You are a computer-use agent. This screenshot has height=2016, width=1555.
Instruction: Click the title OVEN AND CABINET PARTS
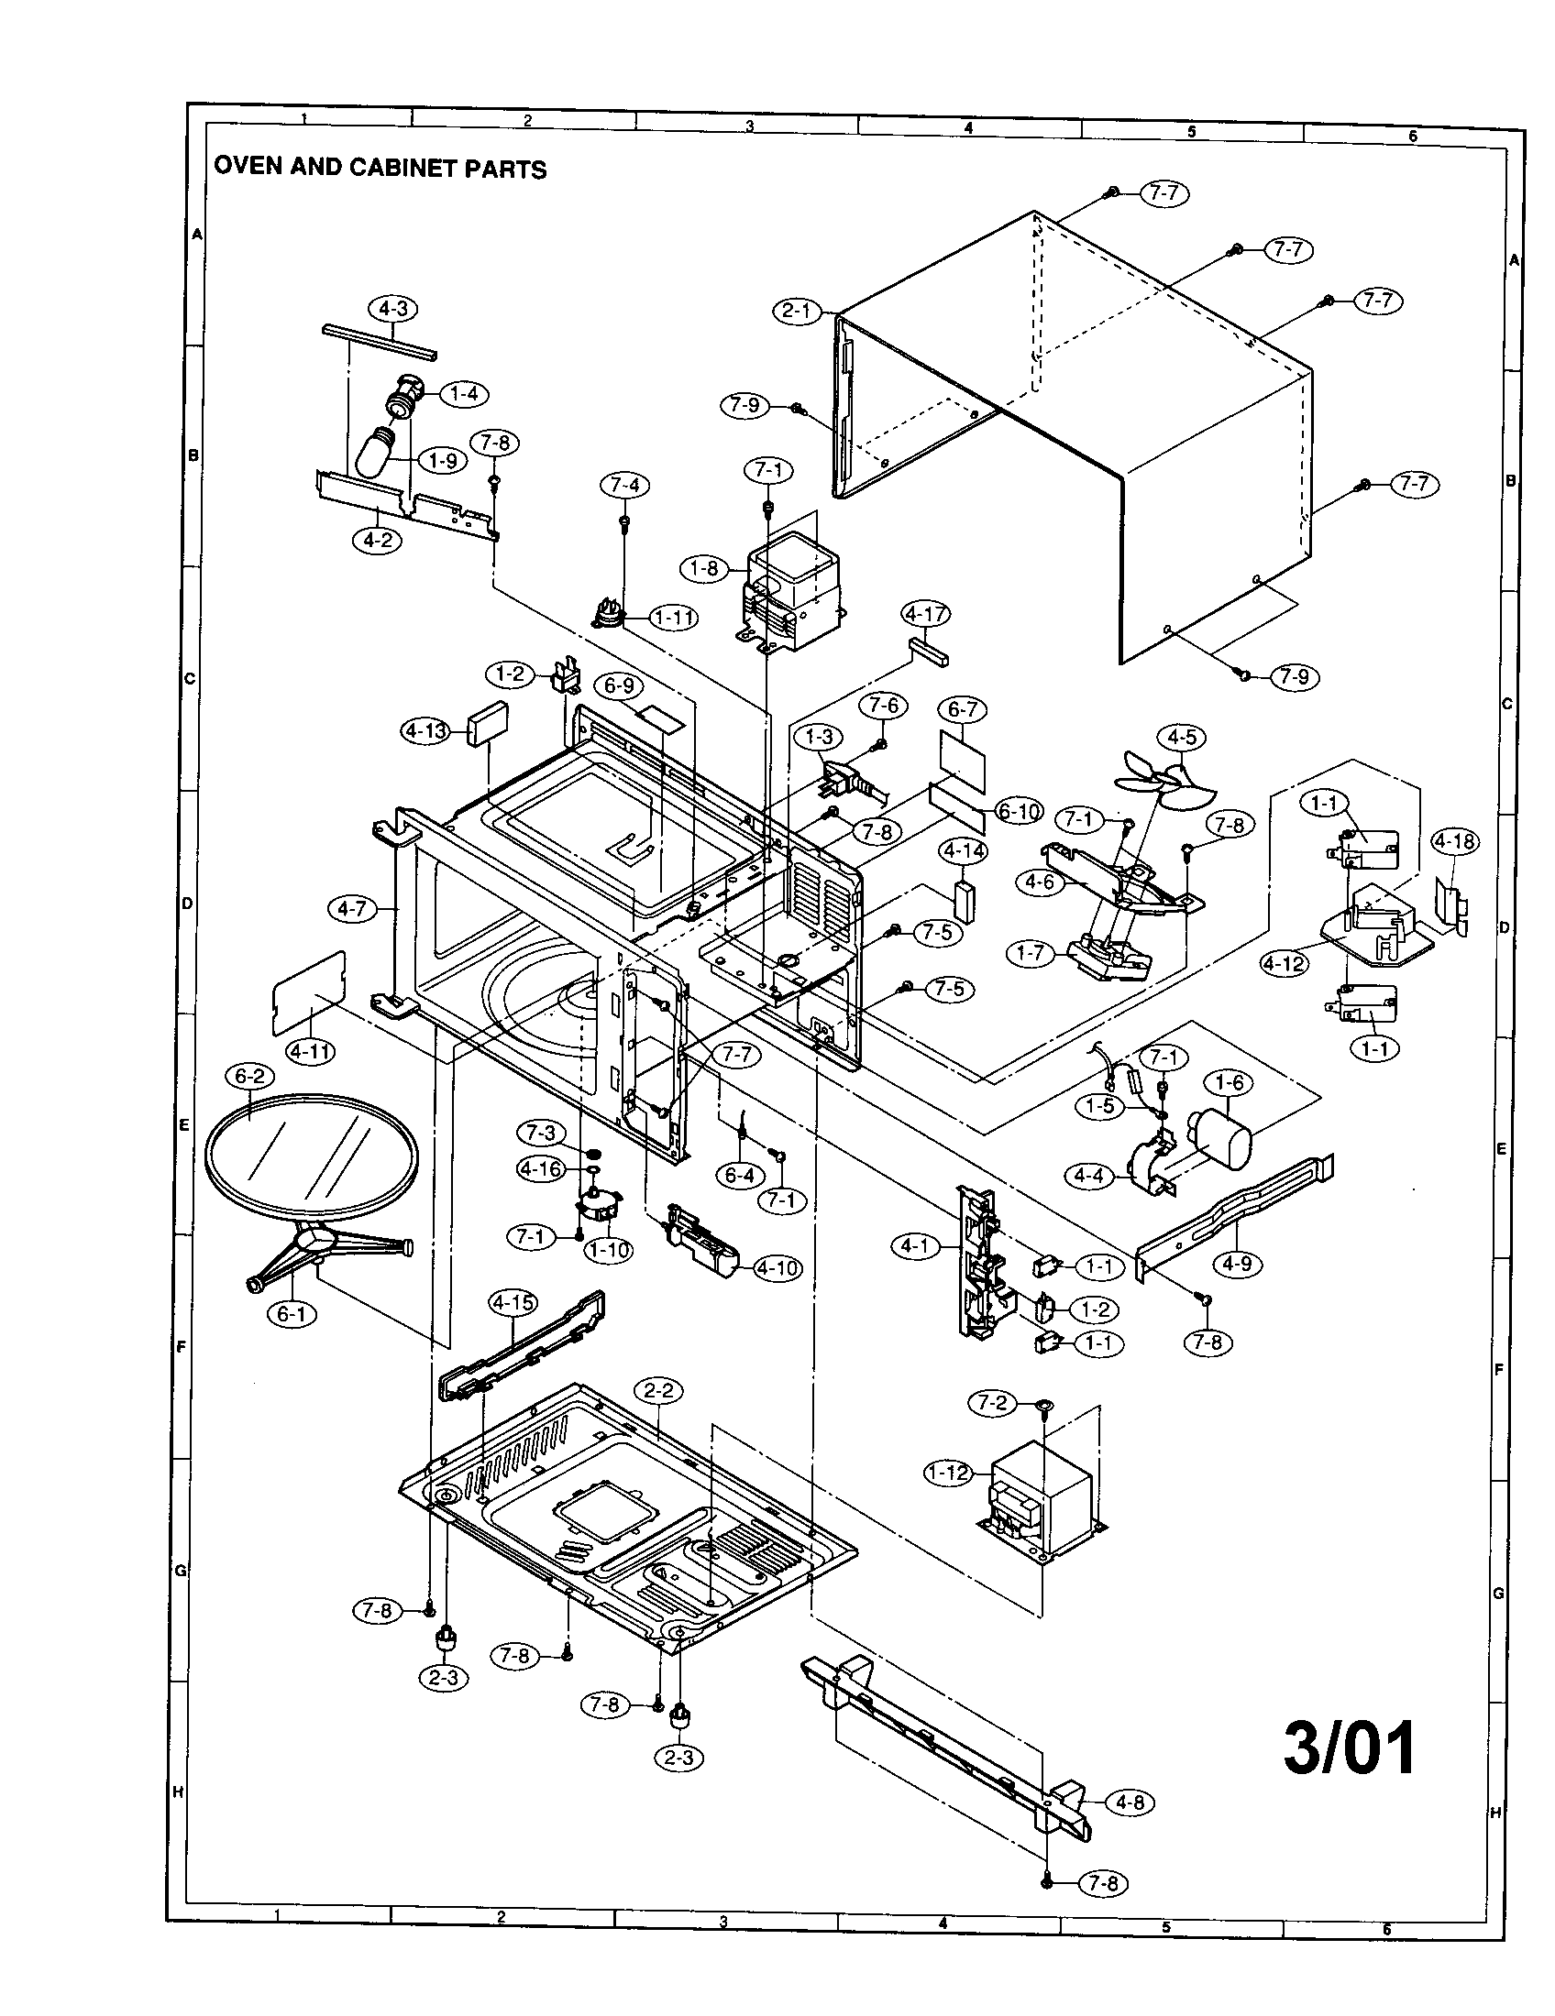point(380,168)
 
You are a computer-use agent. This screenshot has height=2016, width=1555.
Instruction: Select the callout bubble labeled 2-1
point(797,312)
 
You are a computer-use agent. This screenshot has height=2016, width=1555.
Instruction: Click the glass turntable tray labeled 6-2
point(310,1154)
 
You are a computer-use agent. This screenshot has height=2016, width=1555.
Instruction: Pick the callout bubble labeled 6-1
point(291,1313)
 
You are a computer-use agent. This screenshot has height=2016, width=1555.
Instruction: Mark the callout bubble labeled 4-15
point(513,1302)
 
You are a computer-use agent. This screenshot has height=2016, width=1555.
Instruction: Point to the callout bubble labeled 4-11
point(310,1051)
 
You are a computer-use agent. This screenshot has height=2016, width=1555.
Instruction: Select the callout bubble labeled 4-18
point(1454,841)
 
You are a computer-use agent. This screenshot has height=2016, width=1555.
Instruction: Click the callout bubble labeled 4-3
point(392,309)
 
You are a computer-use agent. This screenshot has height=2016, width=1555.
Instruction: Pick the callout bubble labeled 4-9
point(1237,1264)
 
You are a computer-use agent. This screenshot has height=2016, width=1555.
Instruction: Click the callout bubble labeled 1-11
point(673,617)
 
